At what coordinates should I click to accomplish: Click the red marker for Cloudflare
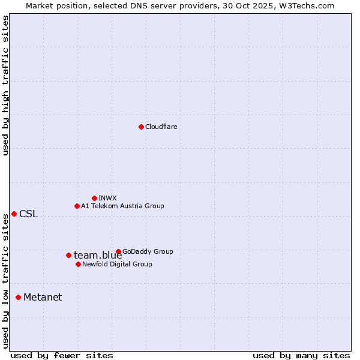(141, 127)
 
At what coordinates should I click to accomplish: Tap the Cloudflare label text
(161, 127)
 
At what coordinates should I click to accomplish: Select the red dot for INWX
(94, 198)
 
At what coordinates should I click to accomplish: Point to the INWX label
(107, 198)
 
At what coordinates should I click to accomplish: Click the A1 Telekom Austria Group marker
(77, 206)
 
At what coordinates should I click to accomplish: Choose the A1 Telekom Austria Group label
(122, 206)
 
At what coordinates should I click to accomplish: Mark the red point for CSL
(14, 214)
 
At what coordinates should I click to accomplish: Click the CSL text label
(28, 214)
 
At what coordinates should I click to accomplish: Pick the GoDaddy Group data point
(118, 251)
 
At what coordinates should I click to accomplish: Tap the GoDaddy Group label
(148, 251)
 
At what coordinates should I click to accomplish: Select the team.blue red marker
(68, 255)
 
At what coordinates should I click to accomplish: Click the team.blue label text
(98, 256)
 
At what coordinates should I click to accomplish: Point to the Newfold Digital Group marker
(78, 264)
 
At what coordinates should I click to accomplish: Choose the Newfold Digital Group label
(117, 264)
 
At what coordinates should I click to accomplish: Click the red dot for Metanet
(18, 297)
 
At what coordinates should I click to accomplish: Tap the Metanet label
(43, 298)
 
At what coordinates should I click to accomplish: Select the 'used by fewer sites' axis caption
(62, 355)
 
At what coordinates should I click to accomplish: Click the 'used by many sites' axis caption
(301, 355)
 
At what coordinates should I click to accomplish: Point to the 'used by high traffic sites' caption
(5, 85)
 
